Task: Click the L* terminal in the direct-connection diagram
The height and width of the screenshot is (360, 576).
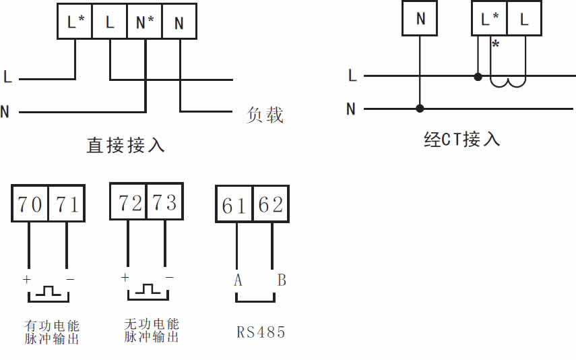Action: tap(75, 22)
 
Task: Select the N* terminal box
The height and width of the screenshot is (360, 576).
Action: tap(146, 22)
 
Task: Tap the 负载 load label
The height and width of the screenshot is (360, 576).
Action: tap(265, 115)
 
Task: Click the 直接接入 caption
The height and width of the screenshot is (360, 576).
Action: tap(126, 145)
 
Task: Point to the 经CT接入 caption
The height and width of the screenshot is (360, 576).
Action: tap(462, 140)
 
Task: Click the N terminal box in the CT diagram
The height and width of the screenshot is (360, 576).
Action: tap(420, 18)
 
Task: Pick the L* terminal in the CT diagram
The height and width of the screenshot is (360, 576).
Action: tap(490, 18)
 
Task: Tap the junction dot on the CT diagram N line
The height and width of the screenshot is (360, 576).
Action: tap(420, 108)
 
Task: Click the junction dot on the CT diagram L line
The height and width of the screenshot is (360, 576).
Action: tap(478, 77)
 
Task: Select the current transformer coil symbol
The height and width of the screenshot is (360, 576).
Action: tap(508, 82)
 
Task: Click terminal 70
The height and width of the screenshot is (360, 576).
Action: tap(30, 204)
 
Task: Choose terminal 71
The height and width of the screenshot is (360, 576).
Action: tap(67, 204)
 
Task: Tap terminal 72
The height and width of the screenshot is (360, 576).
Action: tap(129, 202)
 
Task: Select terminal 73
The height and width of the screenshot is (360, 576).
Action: tap(165, 202)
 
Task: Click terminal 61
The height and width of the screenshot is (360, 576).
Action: tap(234, 204)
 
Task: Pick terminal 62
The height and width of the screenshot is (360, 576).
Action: tap(271, 204)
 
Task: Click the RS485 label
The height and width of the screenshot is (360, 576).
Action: tap(261, 332)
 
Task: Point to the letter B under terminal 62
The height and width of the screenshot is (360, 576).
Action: tap(282, 280)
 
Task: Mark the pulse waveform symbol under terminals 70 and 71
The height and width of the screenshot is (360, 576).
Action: tap(48, 293)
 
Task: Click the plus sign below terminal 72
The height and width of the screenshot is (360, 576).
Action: tap(125, 277)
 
